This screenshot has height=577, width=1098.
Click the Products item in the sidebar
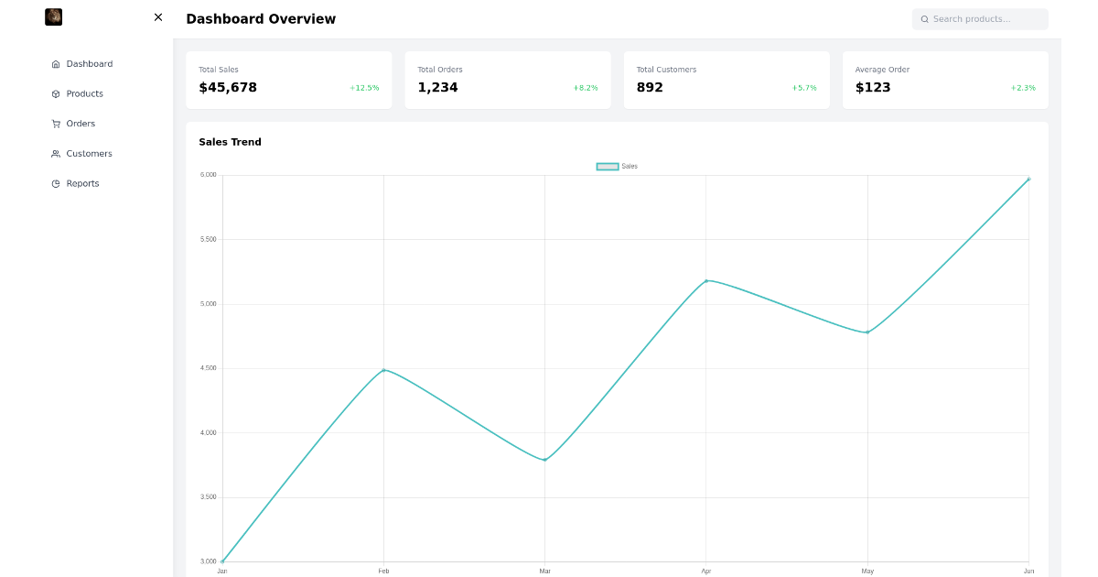83,93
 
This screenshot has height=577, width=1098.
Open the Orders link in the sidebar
80,124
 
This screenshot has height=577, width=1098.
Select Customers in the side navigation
88,154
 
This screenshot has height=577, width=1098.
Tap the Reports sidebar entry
81,183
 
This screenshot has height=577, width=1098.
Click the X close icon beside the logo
158,17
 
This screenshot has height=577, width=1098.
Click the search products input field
980,19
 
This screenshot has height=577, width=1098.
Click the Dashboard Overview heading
261,19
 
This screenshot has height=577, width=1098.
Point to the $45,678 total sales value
228,88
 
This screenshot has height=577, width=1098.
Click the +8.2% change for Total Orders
586,88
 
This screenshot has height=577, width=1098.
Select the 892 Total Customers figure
650,88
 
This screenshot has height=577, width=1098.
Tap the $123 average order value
873,88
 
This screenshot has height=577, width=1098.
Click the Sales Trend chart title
230,142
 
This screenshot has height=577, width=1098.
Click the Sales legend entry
618,167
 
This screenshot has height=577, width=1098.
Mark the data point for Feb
383,370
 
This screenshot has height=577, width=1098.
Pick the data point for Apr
706,280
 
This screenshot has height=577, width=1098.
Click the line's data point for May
867,332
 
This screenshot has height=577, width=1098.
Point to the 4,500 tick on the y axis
209,368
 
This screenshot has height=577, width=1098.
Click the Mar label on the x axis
545,572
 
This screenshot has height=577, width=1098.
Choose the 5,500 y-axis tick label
209,240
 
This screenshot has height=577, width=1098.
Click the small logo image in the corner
54,17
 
